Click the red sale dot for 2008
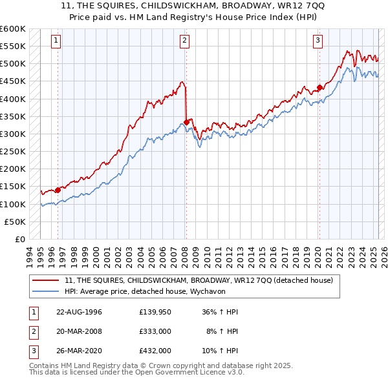coord(186,121)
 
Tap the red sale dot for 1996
coord(58,189)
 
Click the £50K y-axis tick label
coord(15,221)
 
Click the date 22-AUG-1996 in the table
coord(79,312)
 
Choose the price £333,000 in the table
coord(155,331)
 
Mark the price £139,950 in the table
coord(155,312)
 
